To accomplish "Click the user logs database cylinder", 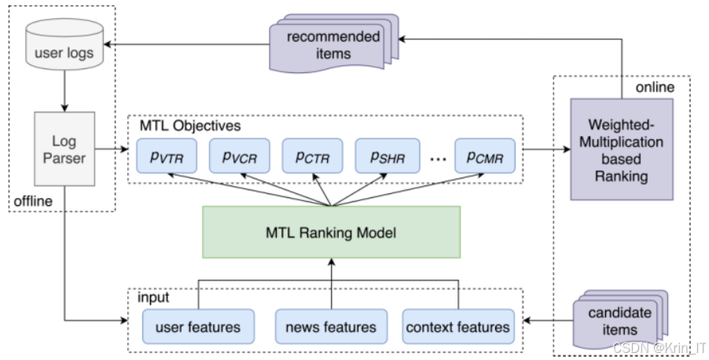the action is pos(64,44).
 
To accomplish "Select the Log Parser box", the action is pos(64,149).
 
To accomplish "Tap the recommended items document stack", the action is pos(334,44).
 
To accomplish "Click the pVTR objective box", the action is pos(167,156).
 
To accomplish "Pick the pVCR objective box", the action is pos(240,156).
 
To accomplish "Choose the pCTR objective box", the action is pos(313,156).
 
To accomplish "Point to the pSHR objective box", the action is pos(388,156).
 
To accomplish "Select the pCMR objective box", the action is pos(485,156).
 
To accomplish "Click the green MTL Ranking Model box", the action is pos(332,233).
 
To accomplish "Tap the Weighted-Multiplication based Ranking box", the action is pos(622,149).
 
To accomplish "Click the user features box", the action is pos(199,326).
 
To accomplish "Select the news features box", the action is pos(332,326).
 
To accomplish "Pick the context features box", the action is pos(458,326).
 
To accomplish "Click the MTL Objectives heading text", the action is pos(190,125).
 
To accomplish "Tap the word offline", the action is pos(33,200).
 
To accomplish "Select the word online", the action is pos(655,87).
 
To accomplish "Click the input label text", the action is pos(153,297).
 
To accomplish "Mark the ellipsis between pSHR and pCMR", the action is pos(438,158).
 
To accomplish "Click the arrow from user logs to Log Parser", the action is pos(64,91).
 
